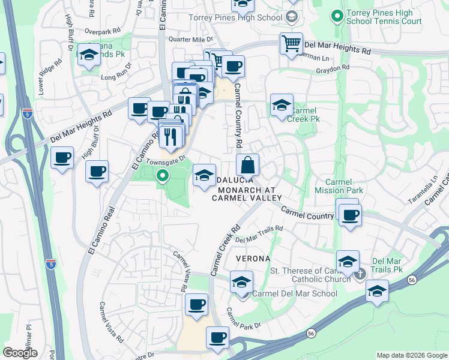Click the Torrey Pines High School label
pos(235,17)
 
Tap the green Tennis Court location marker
pos(337,14)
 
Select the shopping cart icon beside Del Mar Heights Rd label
pos(291,44)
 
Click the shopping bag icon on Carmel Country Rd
pos(247,164)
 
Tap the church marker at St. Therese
pos(360,274)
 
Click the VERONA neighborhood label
pos(253,258)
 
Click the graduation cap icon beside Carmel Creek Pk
pos(282,105)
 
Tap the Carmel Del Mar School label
pos(294,293)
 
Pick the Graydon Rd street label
pos(333,68)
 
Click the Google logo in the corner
pos(20,353)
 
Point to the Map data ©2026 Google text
pos(411,355)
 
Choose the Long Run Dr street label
pos(116,76)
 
